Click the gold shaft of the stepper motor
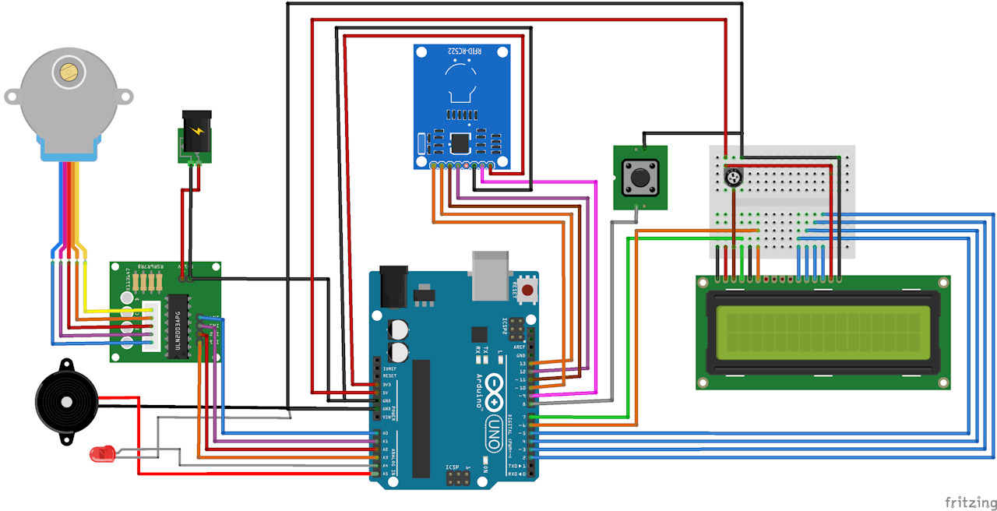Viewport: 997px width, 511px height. (68, 72)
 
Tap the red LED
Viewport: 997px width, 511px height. (100, 453)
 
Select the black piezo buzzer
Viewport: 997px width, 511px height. (65, 401)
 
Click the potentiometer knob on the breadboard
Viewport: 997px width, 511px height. (732, 179)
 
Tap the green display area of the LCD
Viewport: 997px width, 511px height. (823, 332)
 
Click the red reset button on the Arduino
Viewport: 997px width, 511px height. (527, 291)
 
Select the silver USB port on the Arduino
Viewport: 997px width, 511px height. (488, 274)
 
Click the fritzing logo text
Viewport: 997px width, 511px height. (970, 501)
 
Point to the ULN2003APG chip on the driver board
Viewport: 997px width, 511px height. (178, 328)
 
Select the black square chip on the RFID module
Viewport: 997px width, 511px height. (460, 143)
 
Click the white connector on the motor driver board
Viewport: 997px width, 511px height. (153, 326)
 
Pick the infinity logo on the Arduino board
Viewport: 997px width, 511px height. (493, 386)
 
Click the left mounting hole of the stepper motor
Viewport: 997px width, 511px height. (12, 97)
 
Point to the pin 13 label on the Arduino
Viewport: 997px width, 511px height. (521, 364)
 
